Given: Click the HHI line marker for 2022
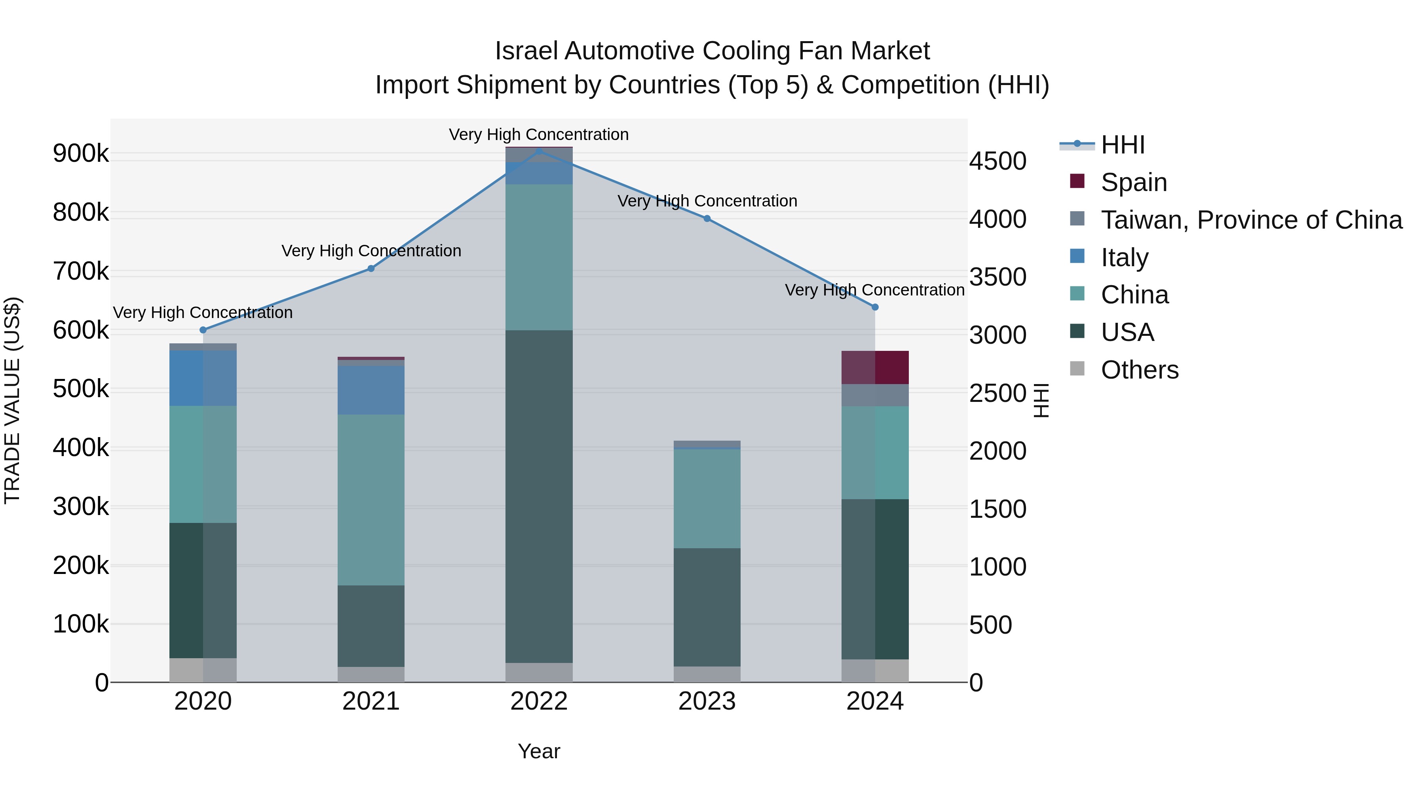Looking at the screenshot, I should coord(540,150).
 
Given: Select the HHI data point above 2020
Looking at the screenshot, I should coord(203,330).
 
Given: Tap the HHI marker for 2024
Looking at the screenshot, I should coord(875,307).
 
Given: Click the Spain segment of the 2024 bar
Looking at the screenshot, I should coord(875,367).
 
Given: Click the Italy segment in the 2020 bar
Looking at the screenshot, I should coord(203,378).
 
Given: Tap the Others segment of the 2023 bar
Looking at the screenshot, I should coord(707,674).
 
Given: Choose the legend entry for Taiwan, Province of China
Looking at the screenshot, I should coord(1251,220).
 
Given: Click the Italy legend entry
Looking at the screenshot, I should coord(1125,258).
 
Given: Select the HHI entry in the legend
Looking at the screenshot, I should coord(1123,145).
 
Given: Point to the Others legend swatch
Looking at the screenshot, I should coord(1077,369).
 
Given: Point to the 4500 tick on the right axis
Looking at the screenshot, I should coord(997,161).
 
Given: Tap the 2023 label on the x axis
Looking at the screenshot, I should coord(707,701).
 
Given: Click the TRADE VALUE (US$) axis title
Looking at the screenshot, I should coord(12,400).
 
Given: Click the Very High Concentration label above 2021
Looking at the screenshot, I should coord(371,251).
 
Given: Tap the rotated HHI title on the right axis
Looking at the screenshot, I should coord(1041,400).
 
